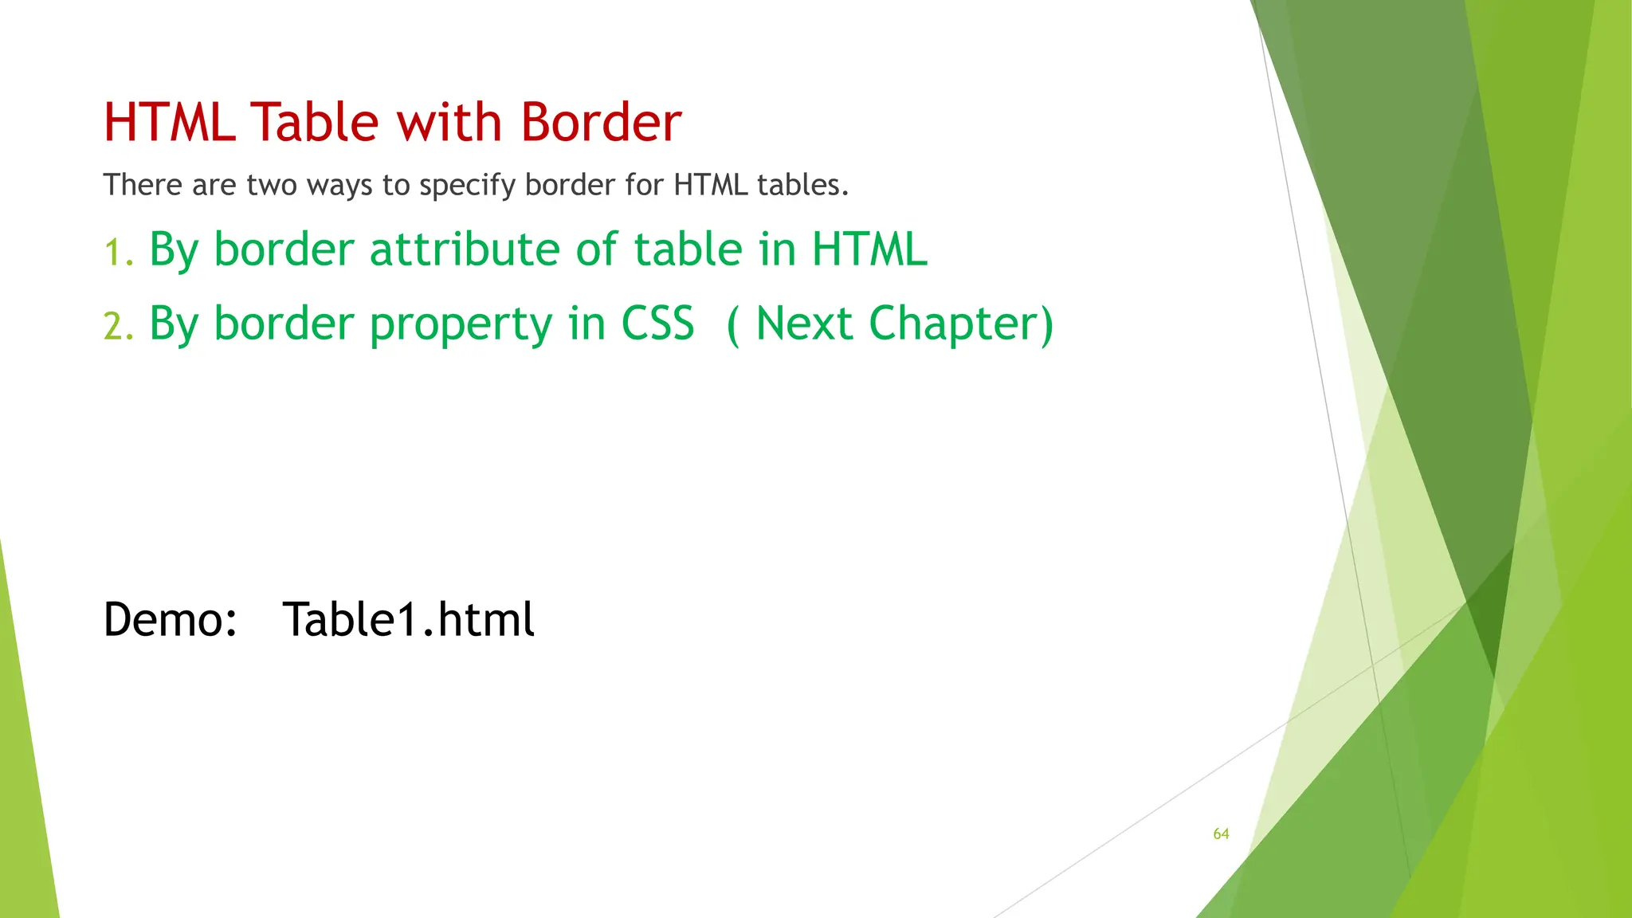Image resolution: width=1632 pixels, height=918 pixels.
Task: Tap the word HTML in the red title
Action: pos(170,123)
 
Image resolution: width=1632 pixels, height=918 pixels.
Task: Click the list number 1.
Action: pos(117,253)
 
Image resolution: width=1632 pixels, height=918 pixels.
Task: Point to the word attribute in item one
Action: pos(465,249)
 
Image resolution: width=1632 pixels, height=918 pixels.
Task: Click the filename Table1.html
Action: pos(408,620)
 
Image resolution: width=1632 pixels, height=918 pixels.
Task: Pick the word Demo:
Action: pos(171,620)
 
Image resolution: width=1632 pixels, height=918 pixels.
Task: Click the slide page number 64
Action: pos(1221,834)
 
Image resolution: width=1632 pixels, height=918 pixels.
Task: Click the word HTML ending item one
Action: pos(869,249)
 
